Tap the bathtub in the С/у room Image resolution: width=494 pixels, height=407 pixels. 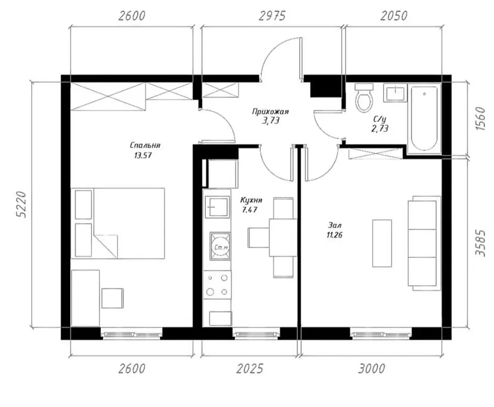pyautogui.click(x=424, y=118)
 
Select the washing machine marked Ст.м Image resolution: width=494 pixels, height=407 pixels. pyautogui.click(x=221, y=246)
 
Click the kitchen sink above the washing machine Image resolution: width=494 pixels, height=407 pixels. pyautogui.click(x=217, y=206)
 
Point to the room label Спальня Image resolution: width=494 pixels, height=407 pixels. pyautogui.click(x=145, y=145)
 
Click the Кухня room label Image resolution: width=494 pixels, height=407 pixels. pyautogui.click(x=251, y=200)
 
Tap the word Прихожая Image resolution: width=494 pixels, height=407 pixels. pyautogui.click(x=270, y=111)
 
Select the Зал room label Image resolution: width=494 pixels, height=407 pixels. pyautogui.click(x=335, y=225)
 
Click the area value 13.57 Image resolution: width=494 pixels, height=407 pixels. pyautogui.click(x=143, y=155)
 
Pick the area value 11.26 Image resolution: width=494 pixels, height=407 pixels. pyautogui.click(x=335, y=235)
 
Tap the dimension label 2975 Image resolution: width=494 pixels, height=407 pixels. pyautogui.click(x=272, y=16)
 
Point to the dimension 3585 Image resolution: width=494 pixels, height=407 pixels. pyautogui.click(x=480, y=243)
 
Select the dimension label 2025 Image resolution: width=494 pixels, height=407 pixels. pyautogui.click(x=250, y=368)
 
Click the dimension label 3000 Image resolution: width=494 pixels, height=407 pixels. pyautogui.click(x=372, y=368)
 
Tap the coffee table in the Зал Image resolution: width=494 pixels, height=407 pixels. pyautogui.click(x=382, y=244)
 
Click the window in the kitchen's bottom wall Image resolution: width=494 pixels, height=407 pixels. pyautogui.click(x=256, y=333)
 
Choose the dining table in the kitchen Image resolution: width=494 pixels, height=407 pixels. pyautogui.click(x=283, y=238)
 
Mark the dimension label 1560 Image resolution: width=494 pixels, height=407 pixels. pyautogui.click(x=480, y=118)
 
